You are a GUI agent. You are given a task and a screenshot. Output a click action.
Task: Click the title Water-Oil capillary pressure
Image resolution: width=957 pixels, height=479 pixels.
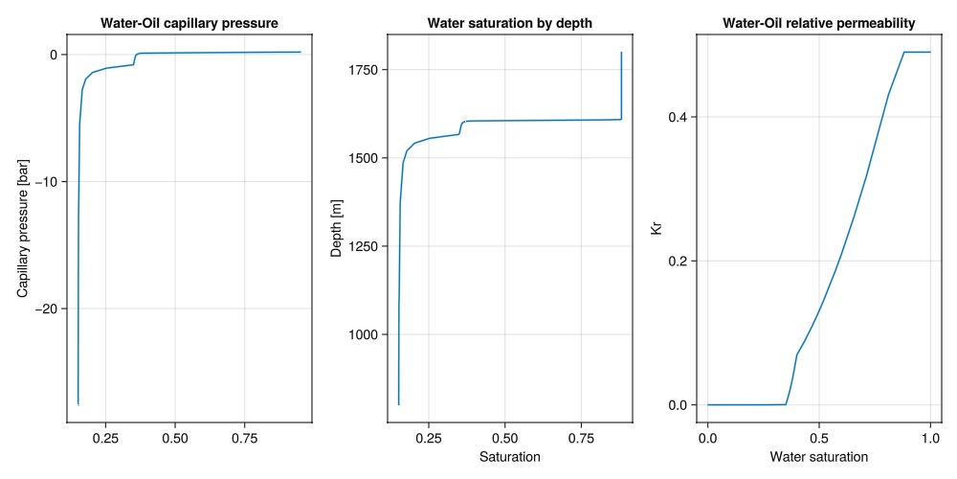click(x=189, y=22)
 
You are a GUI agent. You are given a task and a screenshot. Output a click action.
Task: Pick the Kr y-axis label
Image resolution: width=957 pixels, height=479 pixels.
click(x=656, y=228)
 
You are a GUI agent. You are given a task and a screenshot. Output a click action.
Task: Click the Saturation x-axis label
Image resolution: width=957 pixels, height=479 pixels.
click(x=509, y=456)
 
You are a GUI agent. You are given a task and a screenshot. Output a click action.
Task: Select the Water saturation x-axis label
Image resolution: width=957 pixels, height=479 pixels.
click(x=819, y=456)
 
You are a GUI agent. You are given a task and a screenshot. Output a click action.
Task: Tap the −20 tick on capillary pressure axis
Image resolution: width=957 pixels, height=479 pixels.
click(x=44, y=308)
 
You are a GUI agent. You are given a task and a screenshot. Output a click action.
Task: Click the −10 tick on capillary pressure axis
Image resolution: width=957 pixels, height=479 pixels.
click(x=44, y=182)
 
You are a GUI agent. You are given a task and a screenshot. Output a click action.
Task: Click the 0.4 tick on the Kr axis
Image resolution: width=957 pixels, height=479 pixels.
click(x=679, y=117)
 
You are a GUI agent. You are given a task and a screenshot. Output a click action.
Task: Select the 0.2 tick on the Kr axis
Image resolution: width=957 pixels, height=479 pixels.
click(x=679, y=261)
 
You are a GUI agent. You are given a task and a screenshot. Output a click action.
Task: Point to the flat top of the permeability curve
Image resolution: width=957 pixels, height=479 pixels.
click(x=917, y=52)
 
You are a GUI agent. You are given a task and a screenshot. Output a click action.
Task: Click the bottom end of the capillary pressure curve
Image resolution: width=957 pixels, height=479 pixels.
click(x=78, y=404)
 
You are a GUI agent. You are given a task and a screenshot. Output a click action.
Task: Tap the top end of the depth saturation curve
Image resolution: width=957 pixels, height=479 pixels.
click(x=621, y=53)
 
